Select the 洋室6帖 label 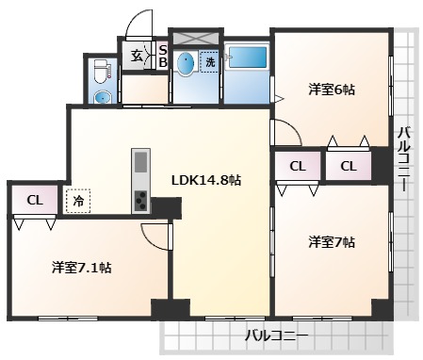[x=332, y=90]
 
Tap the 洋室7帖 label [x=332, y=242]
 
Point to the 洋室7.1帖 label [x=82, y=268]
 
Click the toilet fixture [x=102, y=73]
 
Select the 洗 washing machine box [x=209, y=62]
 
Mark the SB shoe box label [x=162, y=57]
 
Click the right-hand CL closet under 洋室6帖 [x=349, y=167]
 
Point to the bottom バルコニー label [x=276, y=335]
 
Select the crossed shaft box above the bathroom [x=195, y=36]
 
